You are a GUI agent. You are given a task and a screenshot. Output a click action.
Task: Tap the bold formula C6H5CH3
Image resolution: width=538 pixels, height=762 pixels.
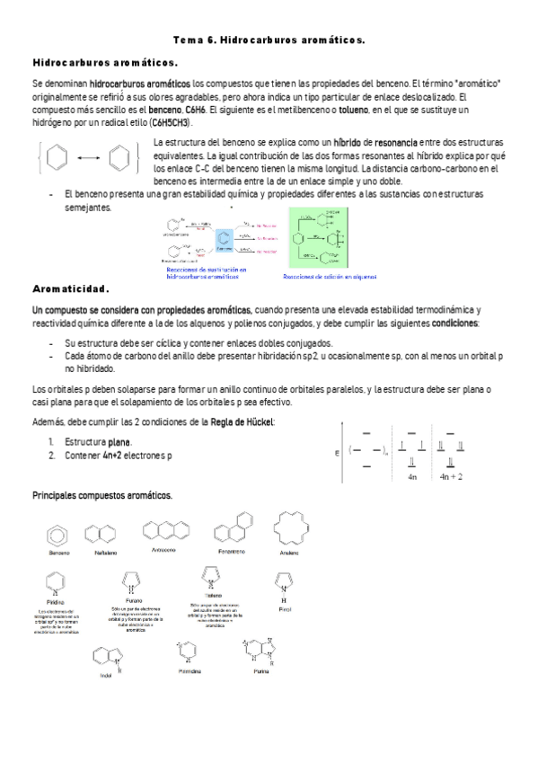coord(164,123)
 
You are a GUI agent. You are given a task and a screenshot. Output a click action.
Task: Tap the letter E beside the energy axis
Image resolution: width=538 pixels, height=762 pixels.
coord(337,454)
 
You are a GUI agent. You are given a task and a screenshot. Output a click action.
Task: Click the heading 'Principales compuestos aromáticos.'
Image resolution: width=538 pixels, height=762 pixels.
coord(102,496)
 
